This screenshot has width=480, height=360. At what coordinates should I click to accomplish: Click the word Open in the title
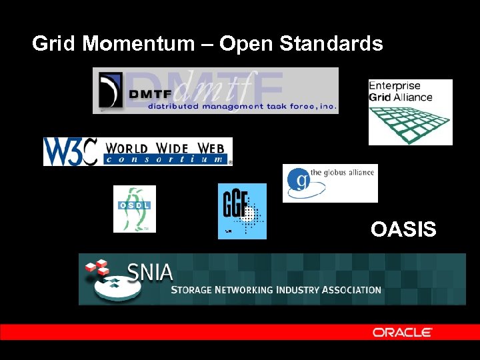tap(247, 44)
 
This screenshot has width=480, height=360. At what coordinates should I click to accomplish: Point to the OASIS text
tap(403, 230)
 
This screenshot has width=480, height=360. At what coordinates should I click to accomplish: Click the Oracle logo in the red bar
tap(402, 332)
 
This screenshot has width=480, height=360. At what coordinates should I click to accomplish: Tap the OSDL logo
tap(134, 209)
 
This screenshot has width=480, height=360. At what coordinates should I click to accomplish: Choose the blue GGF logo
tap(242, 211)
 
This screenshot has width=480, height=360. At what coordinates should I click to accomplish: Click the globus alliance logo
tap(330, 183)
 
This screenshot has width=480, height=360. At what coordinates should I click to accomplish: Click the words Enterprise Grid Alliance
tap(400, 91)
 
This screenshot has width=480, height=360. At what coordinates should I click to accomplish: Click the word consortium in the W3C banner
tap(166, 159)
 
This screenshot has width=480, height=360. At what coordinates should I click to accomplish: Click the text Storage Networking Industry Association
tap(276, 290)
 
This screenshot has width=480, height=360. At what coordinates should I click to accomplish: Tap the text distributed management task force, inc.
tap(242, 105)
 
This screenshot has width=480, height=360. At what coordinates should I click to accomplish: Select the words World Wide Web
tap(167, 147)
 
